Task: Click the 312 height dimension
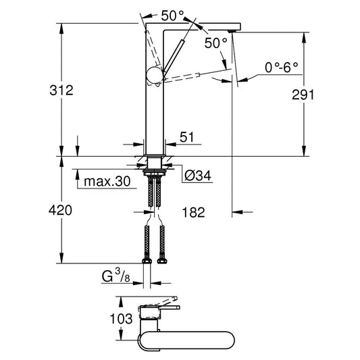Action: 61,90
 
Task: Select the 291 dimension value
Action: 303,95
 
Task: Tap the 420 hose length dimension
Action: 60,210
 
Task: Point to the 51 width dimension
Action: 186,137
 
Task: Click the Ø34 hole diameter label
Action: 198,176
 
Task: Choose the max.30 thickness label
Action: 107,182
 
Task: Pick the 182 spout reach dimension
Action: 193,212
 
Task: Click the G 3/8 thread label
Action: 116,276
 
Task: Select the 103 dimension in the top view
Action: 121,319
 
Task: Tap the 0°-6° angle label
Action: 282,68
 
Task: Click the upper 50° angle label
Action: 172,16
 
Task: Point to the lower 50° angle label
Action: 216,43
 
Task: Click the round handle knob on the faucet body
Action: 155,75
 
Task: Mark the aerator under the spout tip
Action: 232,31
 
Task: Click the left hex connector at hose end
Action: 147,261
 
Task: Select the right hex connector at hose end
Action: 162,261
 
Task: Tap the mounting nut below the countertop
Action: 154,172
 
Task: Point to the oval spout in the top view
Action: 186,340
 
